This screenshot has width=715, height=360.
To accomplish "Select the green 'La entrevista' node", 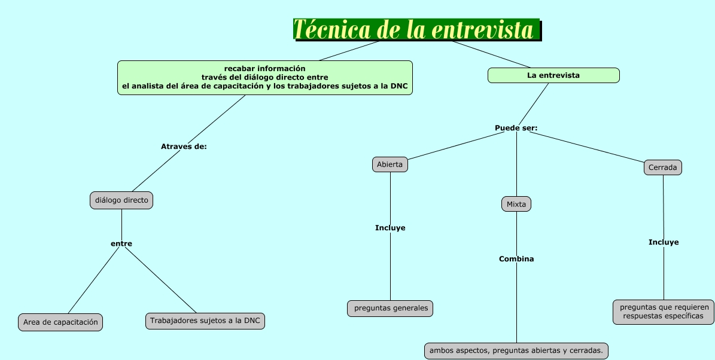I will [x=553, y=75].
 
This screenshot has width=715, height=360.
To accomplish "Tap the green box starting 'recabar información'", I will [x=264, y=78].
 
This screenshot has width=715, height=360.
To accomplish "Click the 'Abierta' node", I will [x=390, y=164].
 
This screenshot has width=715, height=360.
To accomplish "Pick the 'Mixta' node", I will [x=516, y=204].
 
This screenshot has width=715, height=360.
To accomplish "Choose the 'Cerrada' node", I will [x=663, y=167].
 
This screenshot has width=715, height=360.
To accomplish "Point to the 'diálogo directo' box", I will [x=121, y=200].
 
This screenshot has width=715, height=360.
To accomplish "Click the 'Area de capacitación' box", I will [x=60, y=322].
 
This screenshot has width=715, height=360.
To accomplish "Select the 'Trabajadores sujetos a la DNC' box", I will [x=205, y=321].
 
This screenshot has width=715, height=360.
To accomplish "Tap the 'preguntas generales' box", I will [x=390, y=309].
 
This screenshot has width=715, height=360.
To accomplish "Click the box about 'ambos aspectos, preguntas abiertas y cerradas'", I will [x=516, y=351].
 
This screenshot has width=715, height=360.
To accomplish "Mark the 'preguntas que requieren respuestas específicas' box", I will [x=664, y=312].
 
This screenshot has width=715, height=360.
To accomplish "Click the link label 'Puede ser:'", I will [x=516, y=128].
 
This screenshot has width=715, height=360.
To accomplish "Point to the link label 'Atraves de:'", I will [x=184, y=147].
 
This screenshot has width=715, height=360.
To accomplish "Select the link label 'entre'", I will [x=121, y=243].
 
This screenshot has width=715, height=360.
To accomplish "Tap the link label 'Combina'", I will [x=516, y=259].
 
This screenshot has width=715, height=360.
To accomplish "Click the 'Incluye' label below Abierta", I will [x=390, y=228].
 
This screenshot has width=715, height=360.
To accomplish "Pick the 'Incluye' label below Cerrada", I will [x=664, y=242].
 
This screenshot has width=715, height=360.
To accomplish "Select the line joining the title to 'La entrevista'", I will [x=491, y=54].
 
